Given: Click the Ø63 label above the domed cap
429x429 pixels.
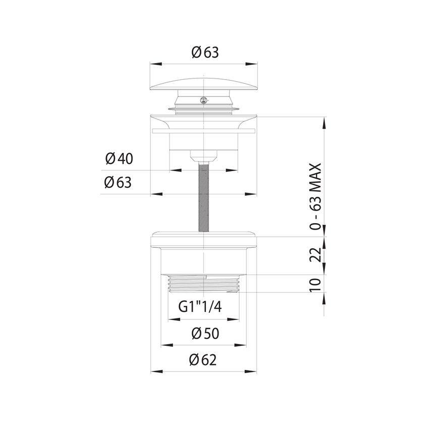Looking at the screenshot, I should tap(205, 52).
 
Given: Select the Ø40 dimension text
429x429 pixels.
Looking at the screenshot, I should tap(119, 158).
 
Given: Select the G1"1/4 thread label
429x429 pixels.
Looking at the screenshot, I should tap(201, 307).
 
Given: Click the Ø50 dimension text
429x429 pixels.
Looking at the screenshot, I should tap(204, 333).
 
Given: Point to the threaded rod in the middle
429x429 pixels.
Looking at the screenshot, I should tap(204, 197).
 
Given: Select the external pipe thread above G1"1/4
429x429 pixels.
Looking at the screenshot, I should tap(203, 284).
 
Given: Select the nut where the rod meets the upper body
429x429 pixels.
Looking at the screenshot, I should tap(204, 155).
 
